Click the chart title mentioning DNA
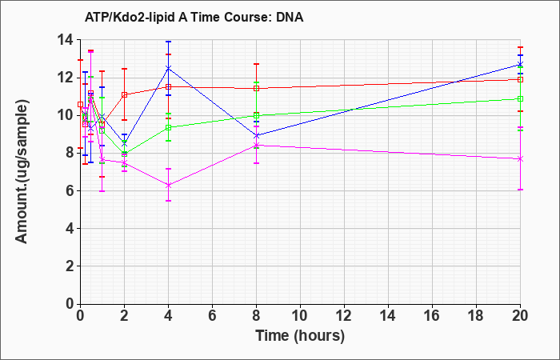click(194, 17)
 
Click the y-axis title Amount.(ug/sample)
click(22, 172)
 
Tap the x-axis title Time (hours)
click(300, 336)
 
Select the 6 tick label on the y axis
click(70, 190)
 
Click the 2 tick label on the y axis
click(70, 266)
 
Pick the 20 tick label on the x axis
click(520, 315)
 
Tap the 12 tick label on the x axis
click(344, 315)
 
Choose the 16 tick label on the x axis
click(432, 315)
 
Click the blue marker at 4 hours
click(169, 68)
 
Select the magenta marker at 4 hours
click(169, 185)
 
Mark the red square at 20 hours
click(520, 79)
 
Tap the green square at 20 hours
click(520, 98)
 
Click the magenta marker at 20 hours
click(520, 159)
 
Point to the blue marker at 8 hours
click(257, 136)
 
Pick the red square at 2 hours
click(125, 94)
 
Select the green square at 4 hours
click(169, 127)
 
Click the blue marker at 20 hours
click(520, 65)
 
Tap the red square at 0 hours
click(80, 104)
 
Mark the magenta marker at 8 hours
click(257, 145)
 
